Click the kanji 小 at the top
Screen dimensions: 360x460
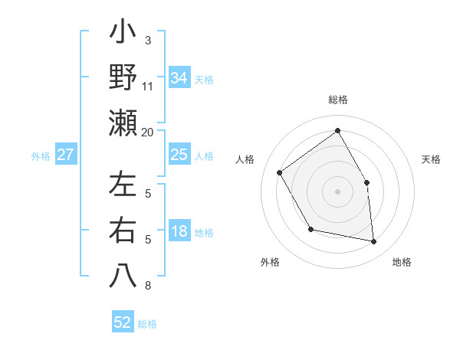[123, 34]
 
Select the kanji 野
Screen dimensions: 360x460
[123, 79]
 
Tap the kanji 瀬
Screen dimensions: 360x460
[123, 123]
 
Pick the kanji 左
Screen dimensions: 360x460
[123, 185]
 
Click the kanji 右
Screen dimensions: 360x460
[123, 230]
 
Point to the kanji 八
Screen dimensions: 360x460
[123, 274]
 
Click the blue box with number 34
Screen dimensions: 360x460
[179, 77]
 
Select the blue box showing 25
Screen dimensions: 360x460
[179, 155]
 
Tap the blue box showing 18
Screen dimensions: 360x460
[179, 232]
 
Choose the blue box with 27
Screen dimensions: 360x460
[65, 155]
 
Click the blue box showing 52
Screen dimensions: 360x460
[123, 322]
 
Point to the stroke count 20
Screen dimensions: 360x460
[148, 132]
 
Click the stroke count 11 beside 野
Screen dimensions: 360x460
[148, 86]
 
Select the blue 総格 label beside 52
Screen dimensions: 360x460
[148, 324]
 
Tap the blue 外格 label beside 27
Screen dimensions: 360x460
[41, 156]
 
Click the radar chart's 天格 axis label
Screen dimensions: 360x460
[432, 159]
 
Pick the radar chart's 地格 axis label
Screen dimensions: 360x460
[402, 262]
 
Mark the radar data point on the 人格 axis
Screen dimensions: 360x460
[280, 172]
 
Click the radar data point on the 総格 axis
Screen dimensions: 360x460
[337, 130]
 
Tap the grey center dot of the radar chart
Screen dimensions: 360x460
[337, 191]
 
